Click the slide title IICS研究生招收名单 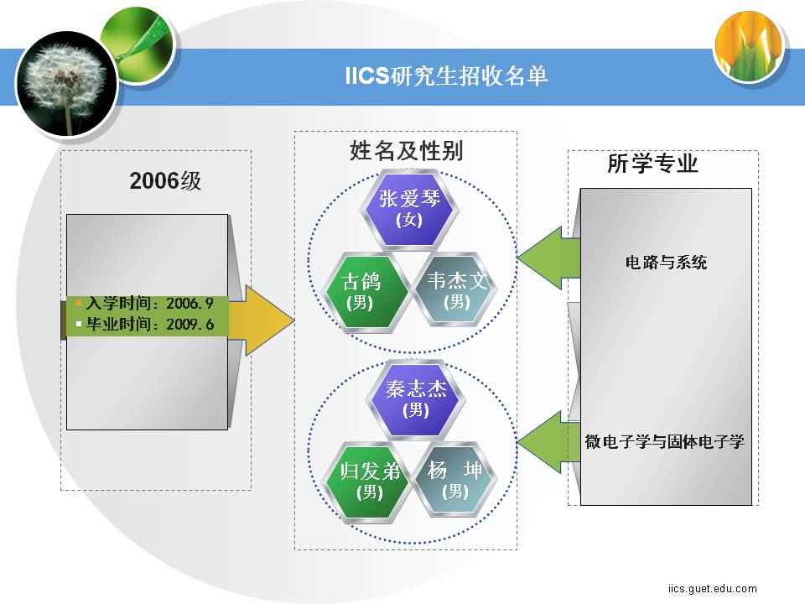446,76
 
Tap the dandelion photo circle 66,84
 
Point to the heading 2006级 165,181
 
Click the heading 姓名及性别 406,150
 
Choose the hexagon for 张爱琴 409,209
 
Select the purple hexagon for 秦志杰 416,400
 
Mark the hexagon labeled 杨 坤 454,480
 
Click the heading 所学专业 652,164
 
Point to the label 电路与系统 666,263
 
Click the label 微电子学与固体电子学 664,442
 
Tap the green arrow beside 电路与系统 548,258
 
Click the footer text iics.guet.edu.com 713,589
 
